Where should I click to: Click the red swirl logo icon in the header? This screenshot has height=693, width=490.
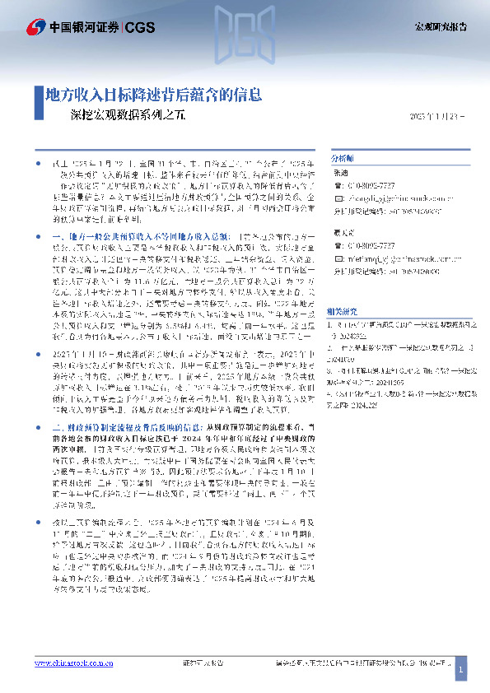coord(35,26)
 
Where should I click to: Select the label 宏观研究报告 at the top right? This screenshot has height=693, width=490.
coord(439,27)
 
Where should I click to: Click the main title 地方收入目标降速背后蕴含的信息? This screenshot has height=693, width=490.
coord(153,93)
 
